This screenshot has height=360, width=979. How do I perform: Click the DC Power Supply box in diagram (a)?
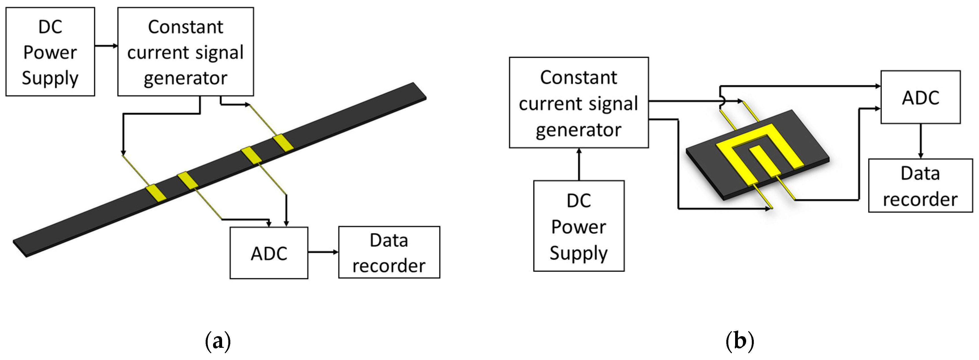[x=50, y=52]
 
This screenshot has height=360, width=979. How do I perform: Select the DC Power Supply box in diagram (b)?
[x=578, y=226]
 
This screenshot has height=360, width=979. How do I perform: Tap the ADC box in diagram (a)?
[x=269, y=253]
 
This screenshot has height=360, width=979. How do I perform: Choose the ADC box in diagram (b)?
[x=920, y=97]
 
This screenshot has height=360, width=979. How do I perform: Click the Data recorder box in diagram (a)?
[x=389, y=252]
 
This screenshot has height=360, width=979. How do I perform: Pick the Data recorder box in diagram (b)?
[x=920, y=185]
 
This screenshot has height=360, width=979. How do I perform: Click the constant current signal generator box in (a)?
[x=186, y=52]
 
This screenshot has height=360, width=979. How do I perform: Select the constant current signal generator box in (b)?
[x=578, y=103]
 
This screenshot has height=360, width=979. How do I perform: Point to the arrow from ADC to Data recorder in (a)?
[x=323, y=252]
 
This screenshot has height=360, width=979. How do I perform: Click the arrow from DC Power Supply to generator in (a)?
[x=106, y=46]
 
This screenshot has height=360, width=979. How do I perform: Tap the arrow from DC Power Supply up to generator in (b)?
[x=579, y=164]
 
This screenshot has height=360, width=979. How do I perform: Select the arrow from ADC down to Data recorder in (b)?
[x=920, y=141]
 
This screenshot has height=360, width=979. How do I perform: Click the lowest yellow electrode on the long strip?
[x=156, y=193]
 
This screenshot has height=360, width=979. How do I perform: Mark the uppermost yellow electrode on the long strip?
[x=283, y=143]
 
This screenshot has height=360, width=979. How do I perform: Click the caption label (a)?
[x=218, y=341]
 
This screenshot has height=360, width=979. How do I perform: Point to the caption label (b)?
[x=740, y=341]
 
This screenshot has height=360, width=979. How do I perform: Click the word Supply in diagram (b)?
[x=578, y=253]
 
